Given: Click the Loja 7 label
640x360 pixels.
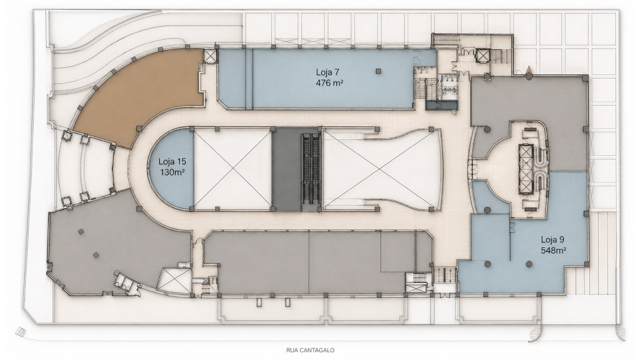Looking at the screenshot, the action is point(327,72).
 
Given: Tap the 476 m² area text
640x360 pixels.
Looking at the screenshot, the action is point(329,83).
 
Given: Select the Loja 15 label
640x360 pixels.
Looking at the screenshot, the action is point(172,161).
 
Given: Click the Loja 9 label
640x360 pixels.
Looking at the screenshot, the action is point(552,240).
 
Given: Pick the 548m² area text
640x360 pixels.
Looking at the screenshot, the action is point(554,251).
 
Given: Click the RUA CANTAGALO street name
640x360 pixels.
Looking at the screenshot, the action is point(310,350).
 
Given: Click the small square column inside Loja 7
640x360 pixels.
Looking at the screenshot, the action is point(378,71).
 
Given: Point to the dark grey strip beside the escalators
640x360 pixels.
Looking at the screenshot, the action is point(286,169).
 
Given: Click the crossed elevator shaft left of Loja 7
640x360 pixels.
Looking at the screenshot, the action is point(211,56).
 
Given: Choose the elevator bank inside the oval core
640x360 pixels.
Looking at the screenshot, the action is point(526,169).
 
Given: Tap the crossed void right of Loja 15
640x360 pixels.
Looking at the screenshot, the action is point(232,169).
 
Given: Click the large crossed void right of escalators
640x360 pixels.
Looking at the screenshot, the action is point(382,169).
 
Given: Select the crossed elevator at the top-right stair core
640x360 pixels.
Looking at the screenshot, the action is point(483,56).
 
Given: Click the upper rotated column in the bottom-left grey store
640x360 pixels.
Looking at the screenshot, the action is point(81,231).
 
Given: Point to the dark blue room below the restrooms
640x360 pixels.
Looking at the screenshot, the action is point(441,105).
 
